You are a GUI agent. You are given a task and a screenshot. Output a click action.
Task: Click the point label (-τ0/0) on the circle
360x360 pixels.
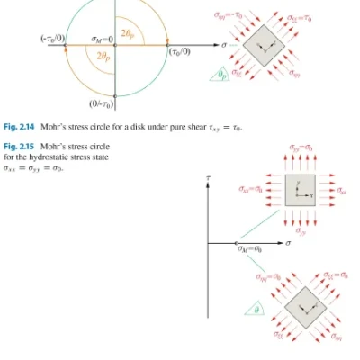pos(50,39)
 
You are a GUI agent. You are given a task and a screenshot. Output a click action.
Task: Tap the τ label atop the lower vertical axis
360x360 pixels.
pos(208,180)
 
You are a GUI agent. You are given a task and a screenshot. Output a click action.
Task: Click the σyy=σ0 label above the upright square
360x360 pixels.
pos(303,146)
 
